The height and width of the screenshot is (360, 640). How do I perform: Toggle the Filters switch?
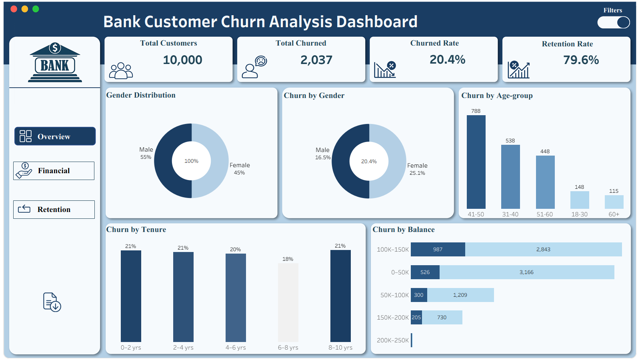pyautogui.click(x=614, y=22)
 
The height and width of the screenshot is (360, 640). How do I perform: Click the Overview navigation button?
pyautogui.click(x=55, y=136)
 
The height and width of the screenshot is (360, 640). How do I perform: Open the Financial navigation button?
pyautogui.click(x=54, y=171)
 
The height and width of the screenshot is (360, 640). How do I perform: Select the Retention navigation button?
pyautogui.click(x=54, y=210)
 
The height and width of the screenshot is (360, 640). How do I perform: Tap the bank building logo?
pyautogui.click(x=55, y=62)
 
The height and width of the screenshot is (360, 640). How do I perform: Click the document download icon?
pyautogui.click(x=52, y=302)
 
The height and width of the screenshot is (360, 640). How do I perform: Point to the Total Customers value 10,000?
pyautogui.click(x=182, y=60)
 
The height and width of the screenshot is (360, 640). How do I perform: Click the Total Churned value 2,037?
pyautogui.click(x=316, y=60)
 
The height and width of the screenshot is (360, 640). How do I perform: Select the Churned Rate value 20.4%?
pyautogui.click(x=447, y=60)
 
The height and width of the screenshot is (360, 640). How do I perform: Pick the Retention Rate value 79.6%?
pyautogui.click(x=581, y=60)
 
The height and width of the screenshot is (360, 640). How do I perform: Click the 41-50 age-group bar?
pyautogui.click(x=476, y=162)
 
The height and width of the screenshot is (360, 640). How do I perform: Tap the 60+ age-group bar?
pyautogui.click(x=614, y=202)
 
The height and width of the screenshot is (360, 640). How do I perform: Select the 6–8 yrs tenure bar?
pyautogui.click(x=288, y=302)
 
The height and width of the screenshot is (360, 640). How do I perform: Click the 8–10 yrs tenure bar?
pyautogui.click(x=340, y=296)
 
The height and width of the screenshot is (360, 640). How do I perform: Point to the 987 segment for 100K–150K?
pyautogui.click(x=438, y=249)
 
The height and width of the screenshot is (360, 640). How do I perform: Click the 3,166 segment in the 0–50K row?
pyautogui.click(x=526, y=272)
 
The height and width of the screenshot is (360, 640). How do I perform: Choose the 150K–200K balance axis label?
pyautogui.click(x=393, y=318)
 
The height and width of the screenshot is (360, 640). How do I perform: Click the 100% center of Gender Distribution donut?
pyautogui.click(x=191, y=161)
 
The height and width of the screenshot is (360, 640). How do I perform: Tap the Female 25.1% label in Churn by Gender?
pyautogui.click(x=417, y=169)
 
